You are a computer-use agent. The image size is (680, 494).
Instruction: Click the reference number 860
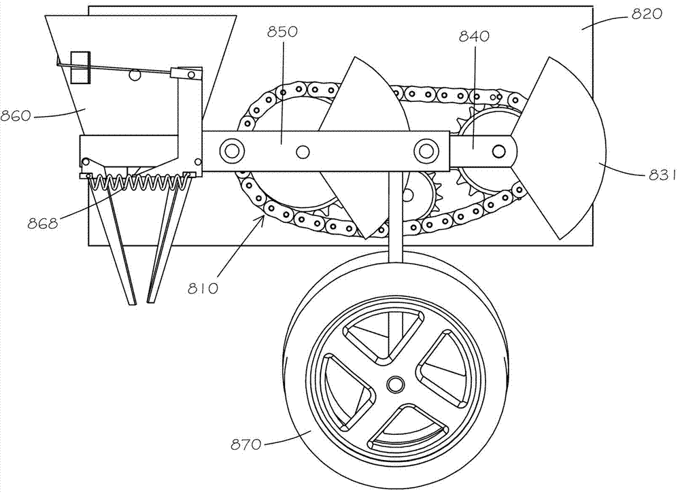pos(16,116)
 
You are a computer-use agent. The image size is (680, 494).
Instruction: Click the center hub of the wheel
pos(394,385)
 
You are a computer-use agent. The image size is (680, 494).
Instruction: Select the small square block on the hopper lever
pos(80,67)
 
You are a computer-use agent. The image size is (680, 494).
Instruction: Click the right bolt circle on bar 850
pos(426,149)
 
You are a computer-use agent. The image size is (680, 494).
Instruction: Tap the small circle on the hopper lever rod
pos(135,74)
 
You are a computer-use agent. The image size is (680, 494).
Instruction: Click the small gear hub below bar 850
pos(407,196)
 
